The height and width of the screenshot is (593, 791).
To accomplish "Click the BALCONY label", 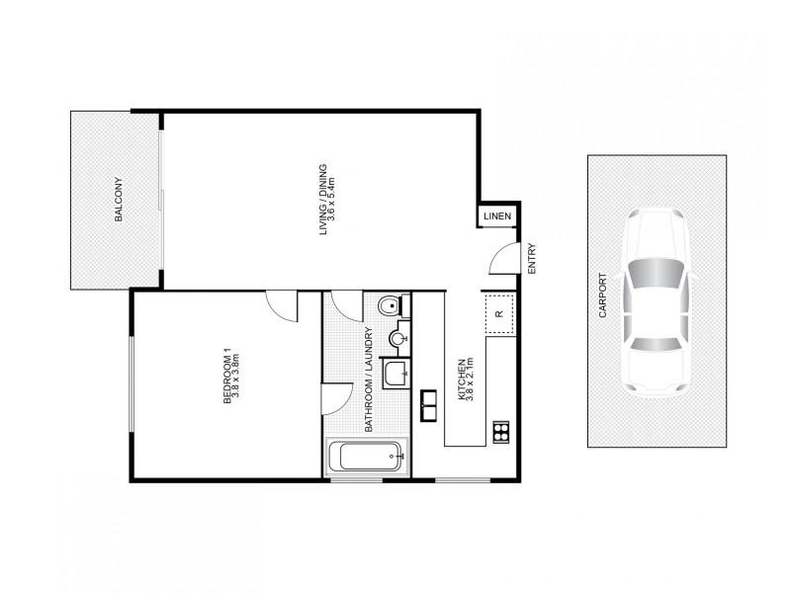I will coord(118,199).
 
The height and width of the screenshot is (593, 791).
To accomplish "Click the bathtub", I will coord(367,457).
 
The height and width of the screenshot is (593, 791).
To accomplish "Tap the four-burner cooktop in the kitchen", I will coord(500,430).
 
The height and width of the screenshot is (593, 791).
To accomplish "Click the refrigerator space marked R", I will coord(498,314).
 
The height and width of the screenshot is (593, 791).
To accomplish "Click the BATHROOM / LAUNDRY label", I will coord(368,381).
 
